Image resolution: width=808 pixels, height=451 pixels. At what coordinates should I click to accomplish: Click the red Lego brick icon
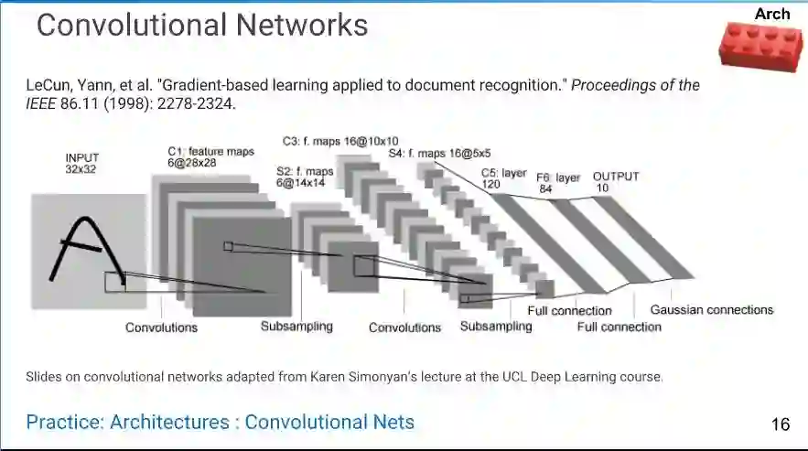[759, 45]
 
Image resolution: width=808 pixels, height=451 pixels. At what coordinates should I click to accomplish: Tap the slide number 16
[781, 424]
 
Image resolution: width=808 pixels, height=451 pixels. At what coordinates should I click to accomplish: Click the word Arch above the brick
[771, 14]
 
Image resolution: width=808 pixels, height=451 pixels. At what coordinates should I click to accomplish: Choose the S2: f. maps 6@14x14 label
[305, 177]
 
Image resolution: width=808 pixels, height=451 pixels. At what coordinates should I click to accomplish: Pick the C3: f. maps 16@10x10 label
[340, 141]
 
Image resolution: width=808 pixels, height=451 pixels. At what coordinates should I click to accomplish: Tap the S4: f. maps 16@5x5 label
[439, 154]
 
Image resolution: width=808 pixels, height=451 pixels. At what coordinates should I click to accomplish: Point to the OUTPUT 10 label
[615, 181]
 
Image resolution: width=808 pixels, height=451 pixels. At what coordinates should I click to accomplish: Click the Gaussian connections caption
[711, 310]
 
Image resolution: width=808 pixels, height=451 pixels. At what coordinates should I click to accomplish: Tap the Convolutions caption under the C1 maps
[161, 327]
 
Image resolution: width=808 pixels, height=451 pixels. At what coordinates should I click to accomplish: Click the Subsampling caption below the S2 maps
[296, 326]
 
